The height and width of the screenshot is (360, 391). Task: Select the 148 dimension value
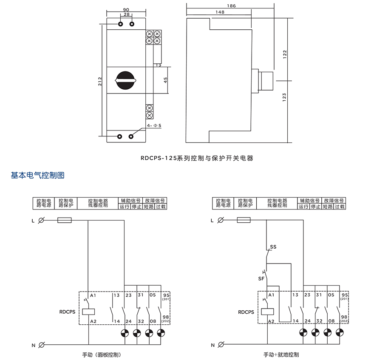coord(220,12)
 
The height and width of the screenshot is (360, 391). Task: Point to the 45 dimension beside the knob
coord(165,79)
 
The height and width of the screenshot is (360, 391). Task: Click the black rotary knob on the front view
coord(126,79)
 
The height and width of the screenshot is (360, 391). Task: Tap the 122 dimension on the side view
coord(285,54)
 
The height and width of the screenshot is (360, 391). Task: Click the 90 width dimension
coord(126,9)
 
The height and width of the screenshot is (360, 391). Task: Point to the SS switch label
coord(273,247)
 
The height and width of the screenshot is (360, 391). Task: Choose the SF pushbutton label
coord(261,278)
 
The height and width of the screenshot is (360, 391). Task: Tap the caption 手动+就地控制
coord(281,354)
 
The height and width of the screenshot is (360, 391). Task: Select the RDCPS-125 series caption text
coord(197,158)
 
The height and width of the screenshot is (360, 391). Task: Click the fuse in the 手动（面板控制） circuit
coord(65,220)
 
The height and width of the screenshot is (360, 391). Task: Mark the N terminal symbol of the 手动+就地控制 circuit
coord(221,344)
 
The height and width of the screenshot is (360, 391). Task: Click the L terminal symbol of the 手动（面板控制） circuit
coord(42,220)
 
